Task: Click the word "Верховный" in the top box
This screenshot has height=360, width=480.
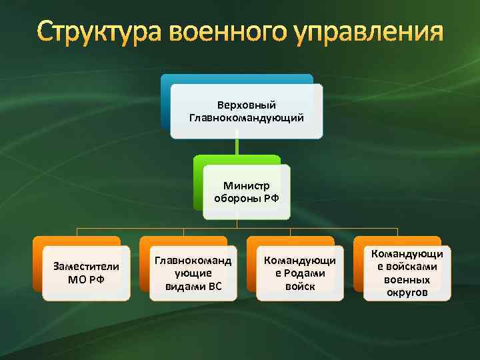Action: tap(247, 105)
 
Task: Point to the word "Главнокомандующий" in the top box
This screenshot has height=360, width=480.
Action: tap(247, 117)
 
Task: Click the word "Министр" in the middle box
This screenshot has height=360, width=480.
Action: tap(247, 186)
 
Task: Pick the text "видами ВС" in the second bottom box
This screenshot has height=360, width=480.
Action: tap(193, 286)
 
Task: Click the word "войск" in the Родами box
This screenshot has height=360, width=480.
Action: tap(300, 286)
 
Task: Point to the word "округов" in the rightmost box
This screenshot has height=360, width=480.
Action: tap(407, 292)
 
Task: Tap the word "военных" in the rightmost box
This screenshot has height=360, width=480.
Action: tap(407, 279)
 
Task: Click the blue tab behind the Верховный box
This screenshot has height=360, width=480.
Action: tap(237, 79)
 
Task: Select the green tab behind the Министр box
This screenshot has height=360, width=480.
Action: tap(237, 159)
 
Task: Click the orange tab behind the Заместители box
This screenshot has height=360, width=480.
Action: tap(77, 241)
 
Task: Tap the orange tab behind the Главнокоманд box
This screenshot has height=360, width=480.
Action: tap(183, 241)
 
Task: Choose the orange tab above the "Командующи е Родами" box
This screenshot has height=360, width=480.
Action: tap(291, 241)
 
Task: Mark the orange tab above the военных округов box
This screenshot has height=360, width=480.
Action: tap(397, 241)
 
